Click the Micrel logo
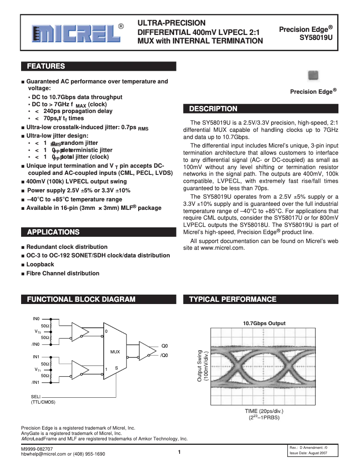coord(75,33)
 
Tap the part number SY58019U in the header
coord(316,38)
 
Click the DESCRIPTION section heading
coord(213,109)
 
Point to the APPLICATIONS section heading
coord(53,232)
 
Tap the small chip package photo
coord(313,75)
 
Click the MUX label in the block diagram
coord(115,352)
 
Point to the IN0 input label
coord(36,318)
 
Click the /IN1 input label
coord(36,382)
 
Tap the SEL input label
coord(35,396)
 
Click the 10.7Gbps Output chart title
coord(264,323)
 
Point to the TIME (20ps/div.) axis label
coord(264,411)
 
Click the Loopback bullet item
coord(40,264)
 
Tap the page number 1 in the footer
coord(179,452)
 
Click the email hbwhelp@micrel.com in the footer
coord(44,454)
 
